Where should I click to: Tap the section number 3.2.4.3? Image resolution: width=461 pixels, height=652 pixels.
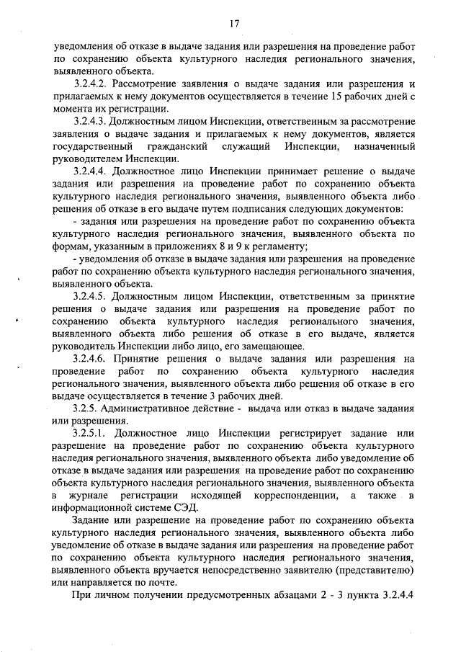pos(94,122)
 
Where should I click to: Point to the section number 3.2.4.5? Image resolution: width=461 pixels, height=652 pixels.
pos(94,296)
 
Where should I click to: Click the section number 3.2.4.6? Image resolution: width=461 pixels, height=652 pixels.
pos(94,358)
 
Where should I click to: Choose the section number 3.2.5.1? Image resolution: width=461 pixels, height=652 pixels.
pos(94,433)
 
